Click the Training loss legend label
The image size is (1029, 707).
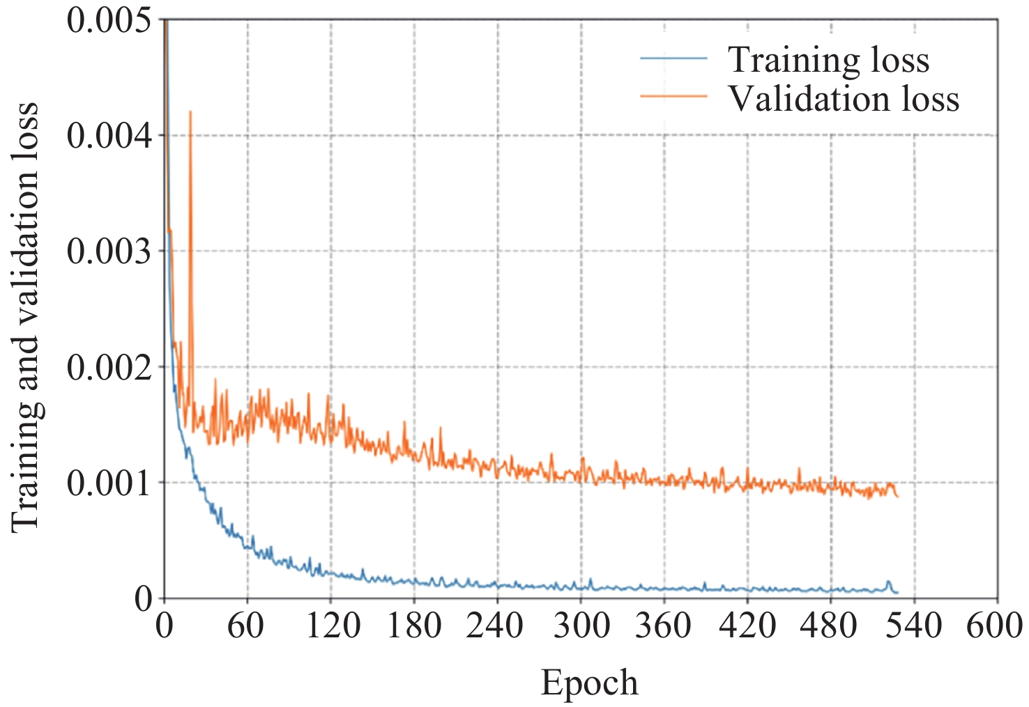(x=828, y=60)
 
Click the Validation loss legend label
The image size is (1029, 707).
(x=844, y=99)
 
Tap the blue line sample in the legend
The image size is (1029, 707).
(x=673, y=59)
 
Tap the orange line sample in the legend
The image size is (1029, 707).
(x=673, y=96)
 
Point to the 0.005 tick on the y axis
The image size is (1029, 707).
(x=109, y=21)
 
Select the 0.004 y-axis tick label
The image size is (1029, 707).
(x=109, y=135)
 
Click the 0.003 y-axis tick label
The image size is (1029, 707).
(x=109, y=251)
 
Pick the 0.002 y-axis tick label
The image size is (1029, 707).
(x=109, y=367)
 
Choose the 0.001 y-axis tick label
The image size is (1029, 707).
(x=109, y=483)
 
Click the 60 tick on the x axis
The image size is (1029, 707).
(x=246, y=626)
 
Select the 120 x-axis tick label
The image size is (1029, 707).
(x=332, y=626)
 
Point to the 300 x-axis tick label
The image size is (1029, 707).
(x=581, y=626)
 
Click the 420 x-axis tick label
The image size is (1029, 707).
(x=747, y=626)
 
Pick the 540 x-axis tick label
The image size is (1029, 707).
(x=914, y=626)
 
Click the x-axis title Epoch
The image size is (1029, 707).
(x=589, y=683)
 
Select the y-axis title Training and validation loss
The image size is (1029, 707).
(x=25, y=318)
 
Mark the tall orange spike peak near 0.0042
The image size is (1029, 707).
(x=190, y=112)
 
